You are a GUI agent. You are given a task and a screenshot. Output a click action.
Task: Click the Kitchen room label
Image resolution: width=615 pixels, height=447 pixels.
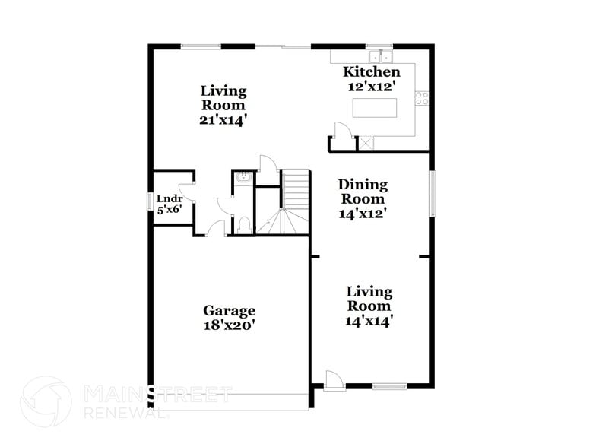click(x=372, y=72)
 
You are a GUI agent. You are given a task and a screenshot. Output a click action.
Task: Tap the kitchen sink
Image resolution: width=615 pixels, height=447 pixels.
click(x=379, y=56)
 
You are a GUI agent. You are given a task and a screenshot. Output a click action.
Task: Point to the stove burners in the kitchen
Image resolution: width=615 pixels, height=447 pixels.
click(x=421, y=97)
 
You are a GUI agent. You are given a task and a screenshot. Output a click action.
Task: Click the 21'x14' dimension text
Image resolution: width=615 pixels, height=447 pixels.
click(x=223, y=120)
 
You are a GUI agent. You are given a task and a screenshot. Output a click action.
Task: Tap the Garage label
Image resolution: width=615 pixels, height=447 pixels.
click(x=229, y=310)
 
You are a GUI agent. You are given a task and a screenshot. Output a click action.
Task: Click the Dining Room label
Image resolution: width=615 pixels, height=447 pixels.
click(x=363, y=192)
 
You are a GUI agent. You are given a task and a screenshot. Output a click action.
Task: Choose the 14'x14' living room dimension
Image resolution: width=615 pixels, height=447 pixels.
click(x=369, y=321)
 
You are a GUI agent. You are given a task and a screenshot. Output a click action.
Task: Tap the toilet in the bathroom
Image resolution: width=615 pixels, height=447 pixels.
click(x=244, y=225)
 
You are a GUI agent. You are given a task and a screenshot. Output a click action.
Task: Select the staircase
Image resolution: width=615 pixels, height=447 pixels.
click(x=294, y=201)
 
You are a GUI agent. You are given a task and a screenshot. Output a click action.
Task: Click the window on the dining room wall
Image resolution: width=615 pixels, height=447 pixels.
click(x=433, y=193)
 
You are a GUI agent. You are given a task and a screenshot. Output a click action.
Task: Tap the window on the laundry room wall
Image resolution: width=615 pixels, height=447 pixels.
click(x=150, y=201)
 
